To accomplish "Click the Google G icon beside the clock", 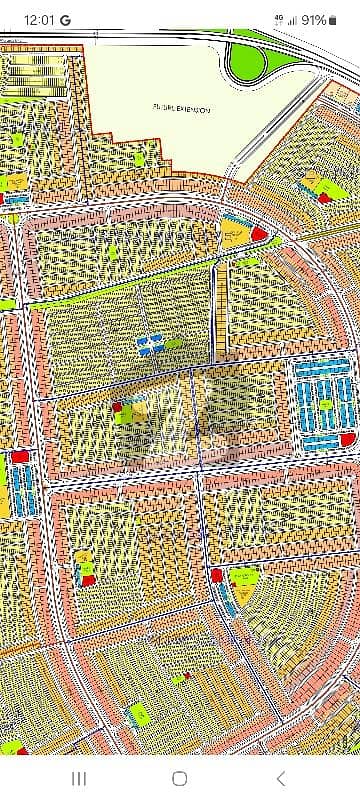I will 65,19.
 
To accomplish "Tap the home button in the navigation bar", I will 180,778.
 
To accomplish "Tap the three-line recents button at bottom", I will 78,778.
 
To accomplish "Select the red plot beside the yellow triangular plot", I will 258,234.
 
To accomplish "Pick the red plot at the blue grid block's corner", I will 348,439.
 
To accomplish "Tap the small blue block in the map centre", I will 149,345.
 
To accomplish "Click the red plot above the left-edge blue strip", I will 19,456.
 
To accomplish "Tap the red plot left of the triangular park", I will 216,575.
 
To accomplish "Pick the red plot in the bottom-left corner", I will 11,747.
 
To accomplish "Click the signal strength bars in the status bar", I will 292,19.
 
